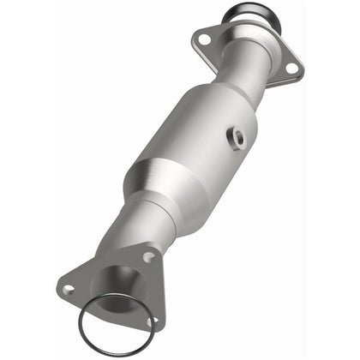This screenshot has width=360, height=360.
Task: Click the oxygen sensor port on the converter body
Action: coord(236,135)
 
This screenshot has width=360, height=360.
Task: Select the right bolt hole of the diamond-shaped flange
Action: coord(291,67)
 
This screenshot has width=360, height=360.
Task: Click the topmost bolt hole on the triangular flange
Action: coord(148,256)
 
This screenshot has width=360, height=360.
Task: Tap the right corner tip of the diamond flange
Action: coord(300,69)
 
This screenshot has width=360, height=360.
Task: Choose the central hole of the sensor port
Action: coord(236,135)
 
